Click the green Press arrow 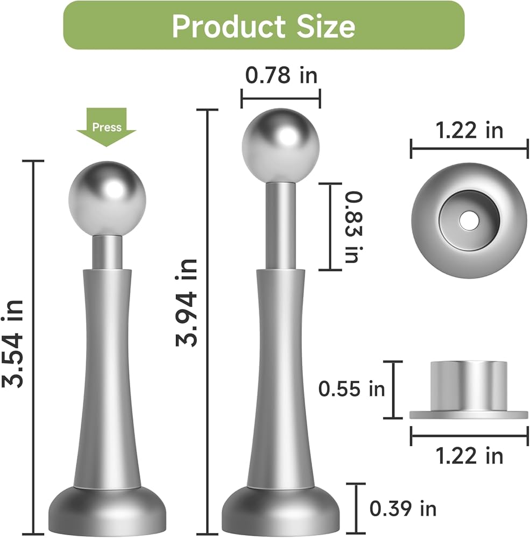point(107,126)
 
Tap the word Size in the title point(326,26)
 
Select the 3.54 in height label point(13,344)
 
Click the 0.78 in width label point(281,75)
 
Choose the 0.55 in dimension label point(351,389)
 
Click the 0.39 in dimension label point(403,508)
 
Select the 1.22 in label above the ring point(469,130)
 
